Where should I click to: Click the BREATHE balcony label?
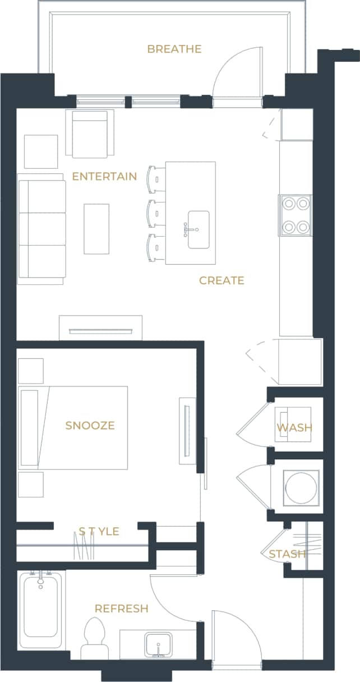(174, 49)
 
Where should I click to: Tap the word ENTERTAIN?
(104, 177)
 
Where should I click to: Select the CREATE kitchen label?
(221, 280)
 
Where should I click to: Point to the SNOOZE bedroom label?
(90, 426)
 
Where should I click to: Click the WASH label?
(294, 428)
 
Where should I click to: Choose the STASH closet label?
(287, 554)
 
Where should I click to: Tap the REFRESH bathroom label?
(121, 609)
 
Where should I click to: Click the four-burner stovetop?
(296, 215)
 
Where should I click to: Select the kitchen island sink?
(198, 229)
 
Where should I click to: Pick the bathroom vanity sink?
(159, 644)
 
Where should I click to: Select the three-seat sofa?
(41, 229)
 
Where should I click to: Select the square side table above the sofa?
(41, 151)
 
